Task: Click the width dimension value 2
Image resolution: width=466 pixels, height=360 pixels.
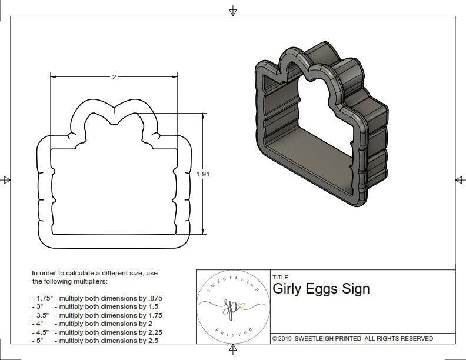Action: click(x=113, y=76)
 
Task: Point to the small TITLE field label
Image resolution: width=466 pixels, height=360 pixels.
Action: click(x=280, y=278)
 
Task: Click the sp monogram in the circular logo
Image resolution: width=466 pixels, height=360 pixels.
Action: click(x=231, y=305)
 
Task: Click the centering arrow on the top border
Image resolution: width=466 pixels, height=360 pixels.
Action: click(x=233, y=11)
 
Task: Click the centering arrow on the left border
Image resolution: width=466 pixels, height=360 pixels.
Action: click(x=6, y=179)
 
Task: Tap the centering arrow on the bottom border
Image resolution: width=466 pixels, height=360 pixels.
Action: click(x=233, y=350)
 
